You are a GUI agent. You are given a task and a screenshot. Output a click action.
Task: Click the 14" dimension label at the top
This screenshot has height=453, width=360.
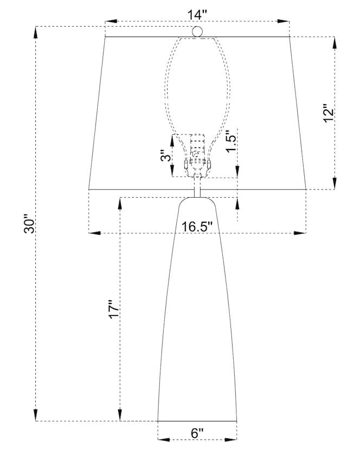(x=197, y=15)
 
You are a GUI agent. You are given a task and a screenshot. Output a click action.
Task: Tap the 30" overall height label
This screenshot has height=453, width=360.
(x=29, y=224)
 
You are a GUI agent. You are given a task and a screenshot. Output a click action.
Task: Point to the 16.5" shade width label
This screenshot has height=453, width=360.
(x=197, y=227)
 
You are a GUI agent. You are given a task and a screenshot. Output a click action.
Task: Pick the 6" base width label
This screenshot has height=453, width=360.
(x=197, y=433)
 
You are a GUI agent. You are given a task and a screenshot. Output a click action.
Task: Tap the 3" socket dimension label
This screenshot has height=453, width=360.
(x=166, y=156)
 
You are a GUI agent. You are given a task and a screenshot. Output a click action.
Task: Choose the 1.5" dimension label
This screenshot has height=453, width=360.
(x=232, y=141)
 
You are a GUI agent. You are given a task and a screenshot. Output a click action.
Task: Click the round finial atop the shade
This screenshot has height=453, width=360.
(x=197, y=31)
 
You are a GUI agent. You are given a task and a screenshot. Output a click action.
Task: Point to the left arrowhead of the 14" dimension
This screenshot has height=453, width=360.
(x=111, y=21)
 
